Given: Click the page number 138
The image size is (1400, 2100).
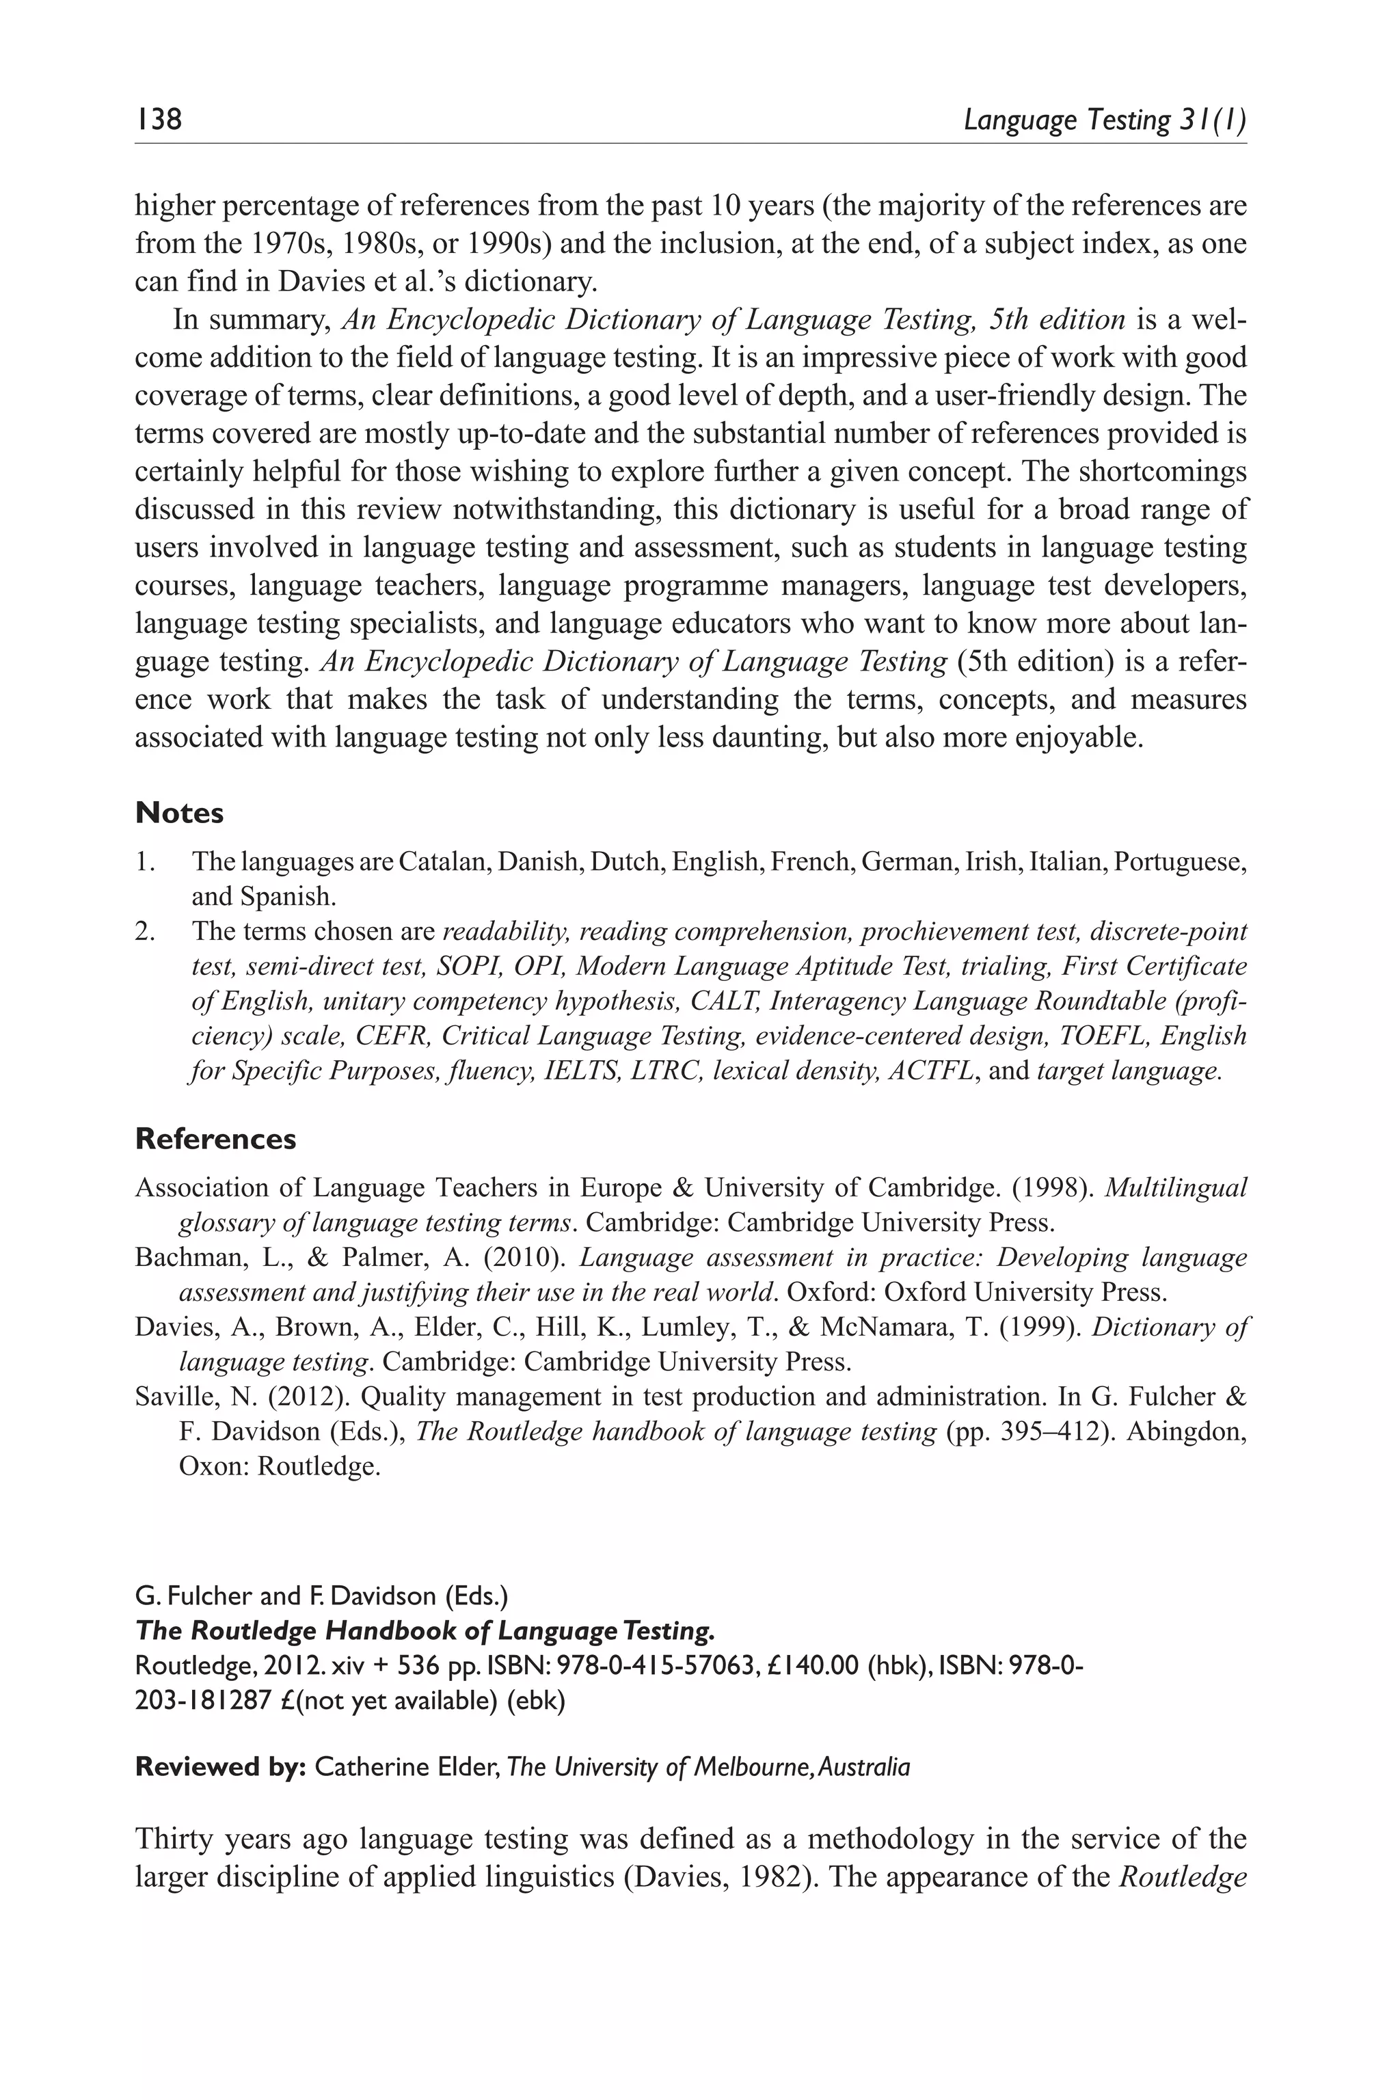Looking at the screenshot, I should click(158, 119).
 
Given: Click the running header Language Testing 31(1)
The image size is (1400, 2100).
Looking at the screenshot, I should click(1105, 120).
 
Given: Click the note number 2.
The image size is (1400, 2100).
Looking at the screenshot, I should click(144, 931).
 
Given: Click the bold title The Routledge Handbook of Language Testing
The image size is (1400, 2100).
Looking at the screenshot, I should click(425, 1630).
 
